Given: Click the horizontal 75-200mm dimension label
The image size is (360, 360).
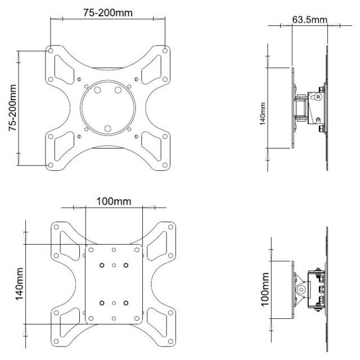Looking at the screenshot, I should coord(106,12).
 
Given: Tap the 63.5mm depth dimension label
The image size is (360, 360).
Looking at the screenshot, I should coord(309,20).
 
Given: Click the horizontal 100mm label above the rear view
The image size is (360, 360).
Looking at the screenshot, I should coord(113,201).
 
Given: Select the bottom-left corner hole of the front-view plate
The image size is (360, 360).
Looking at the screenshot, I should coord(51,165).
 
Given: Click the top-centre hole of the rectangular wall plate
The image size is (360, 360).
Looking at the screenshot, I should coord(114,249).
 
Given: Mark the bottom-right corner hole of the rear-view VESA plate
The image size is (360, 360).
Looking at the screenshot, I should coord(171,340).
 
